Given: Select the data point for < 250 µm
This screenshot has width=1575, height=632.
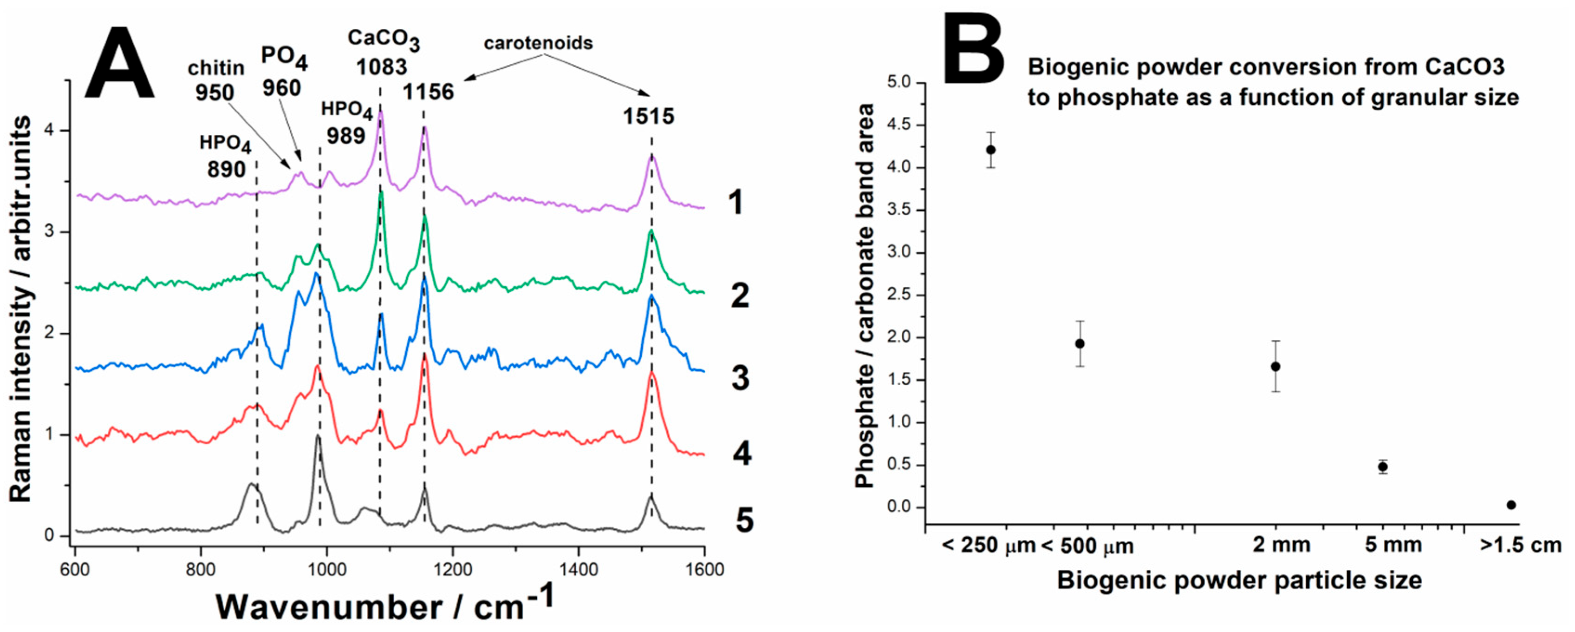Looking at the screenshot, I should tap(990, 150).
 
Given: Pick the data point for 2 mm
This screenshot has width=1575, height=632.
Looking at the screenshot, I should tap(1276, 367).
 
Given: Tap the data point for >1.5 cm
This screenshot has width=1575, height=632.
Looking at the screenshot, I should tap(1511, 505).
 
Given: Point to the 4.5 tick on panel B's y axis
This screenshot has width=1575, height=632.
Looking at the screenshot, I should tap(901, 125).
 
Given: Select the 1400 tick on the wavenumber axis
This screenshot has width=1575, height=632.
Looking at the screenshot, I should tap(579, 570).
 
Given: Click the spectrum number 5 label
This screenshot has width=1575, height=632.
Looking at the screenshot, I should tap(743, 521).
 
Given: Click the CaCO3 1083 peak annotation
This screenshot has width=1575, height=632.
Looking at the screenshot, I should tap(383, 52).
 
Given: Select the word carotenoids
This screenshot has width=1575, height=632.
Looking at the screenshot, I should tap(538, 43).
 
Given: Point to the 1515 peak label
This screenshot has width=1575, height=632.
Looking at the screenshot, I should tap(648, 116).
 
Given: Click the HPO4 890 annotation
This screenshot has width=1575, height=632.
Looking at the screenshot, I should tap(225, 156).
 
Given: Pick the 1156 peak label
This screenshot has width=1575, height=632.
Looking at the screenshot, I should tap(428, 92).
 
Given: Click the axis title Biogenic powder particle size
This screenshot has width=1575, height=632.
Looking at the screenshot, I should tap(1239, 580).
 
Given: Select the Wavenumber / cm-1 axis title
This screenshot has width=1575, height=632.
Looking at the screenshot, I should tap(385, 606).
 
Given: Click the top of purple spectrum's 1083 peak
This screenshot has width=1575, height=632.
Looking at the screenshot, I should tap(381, 112).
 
